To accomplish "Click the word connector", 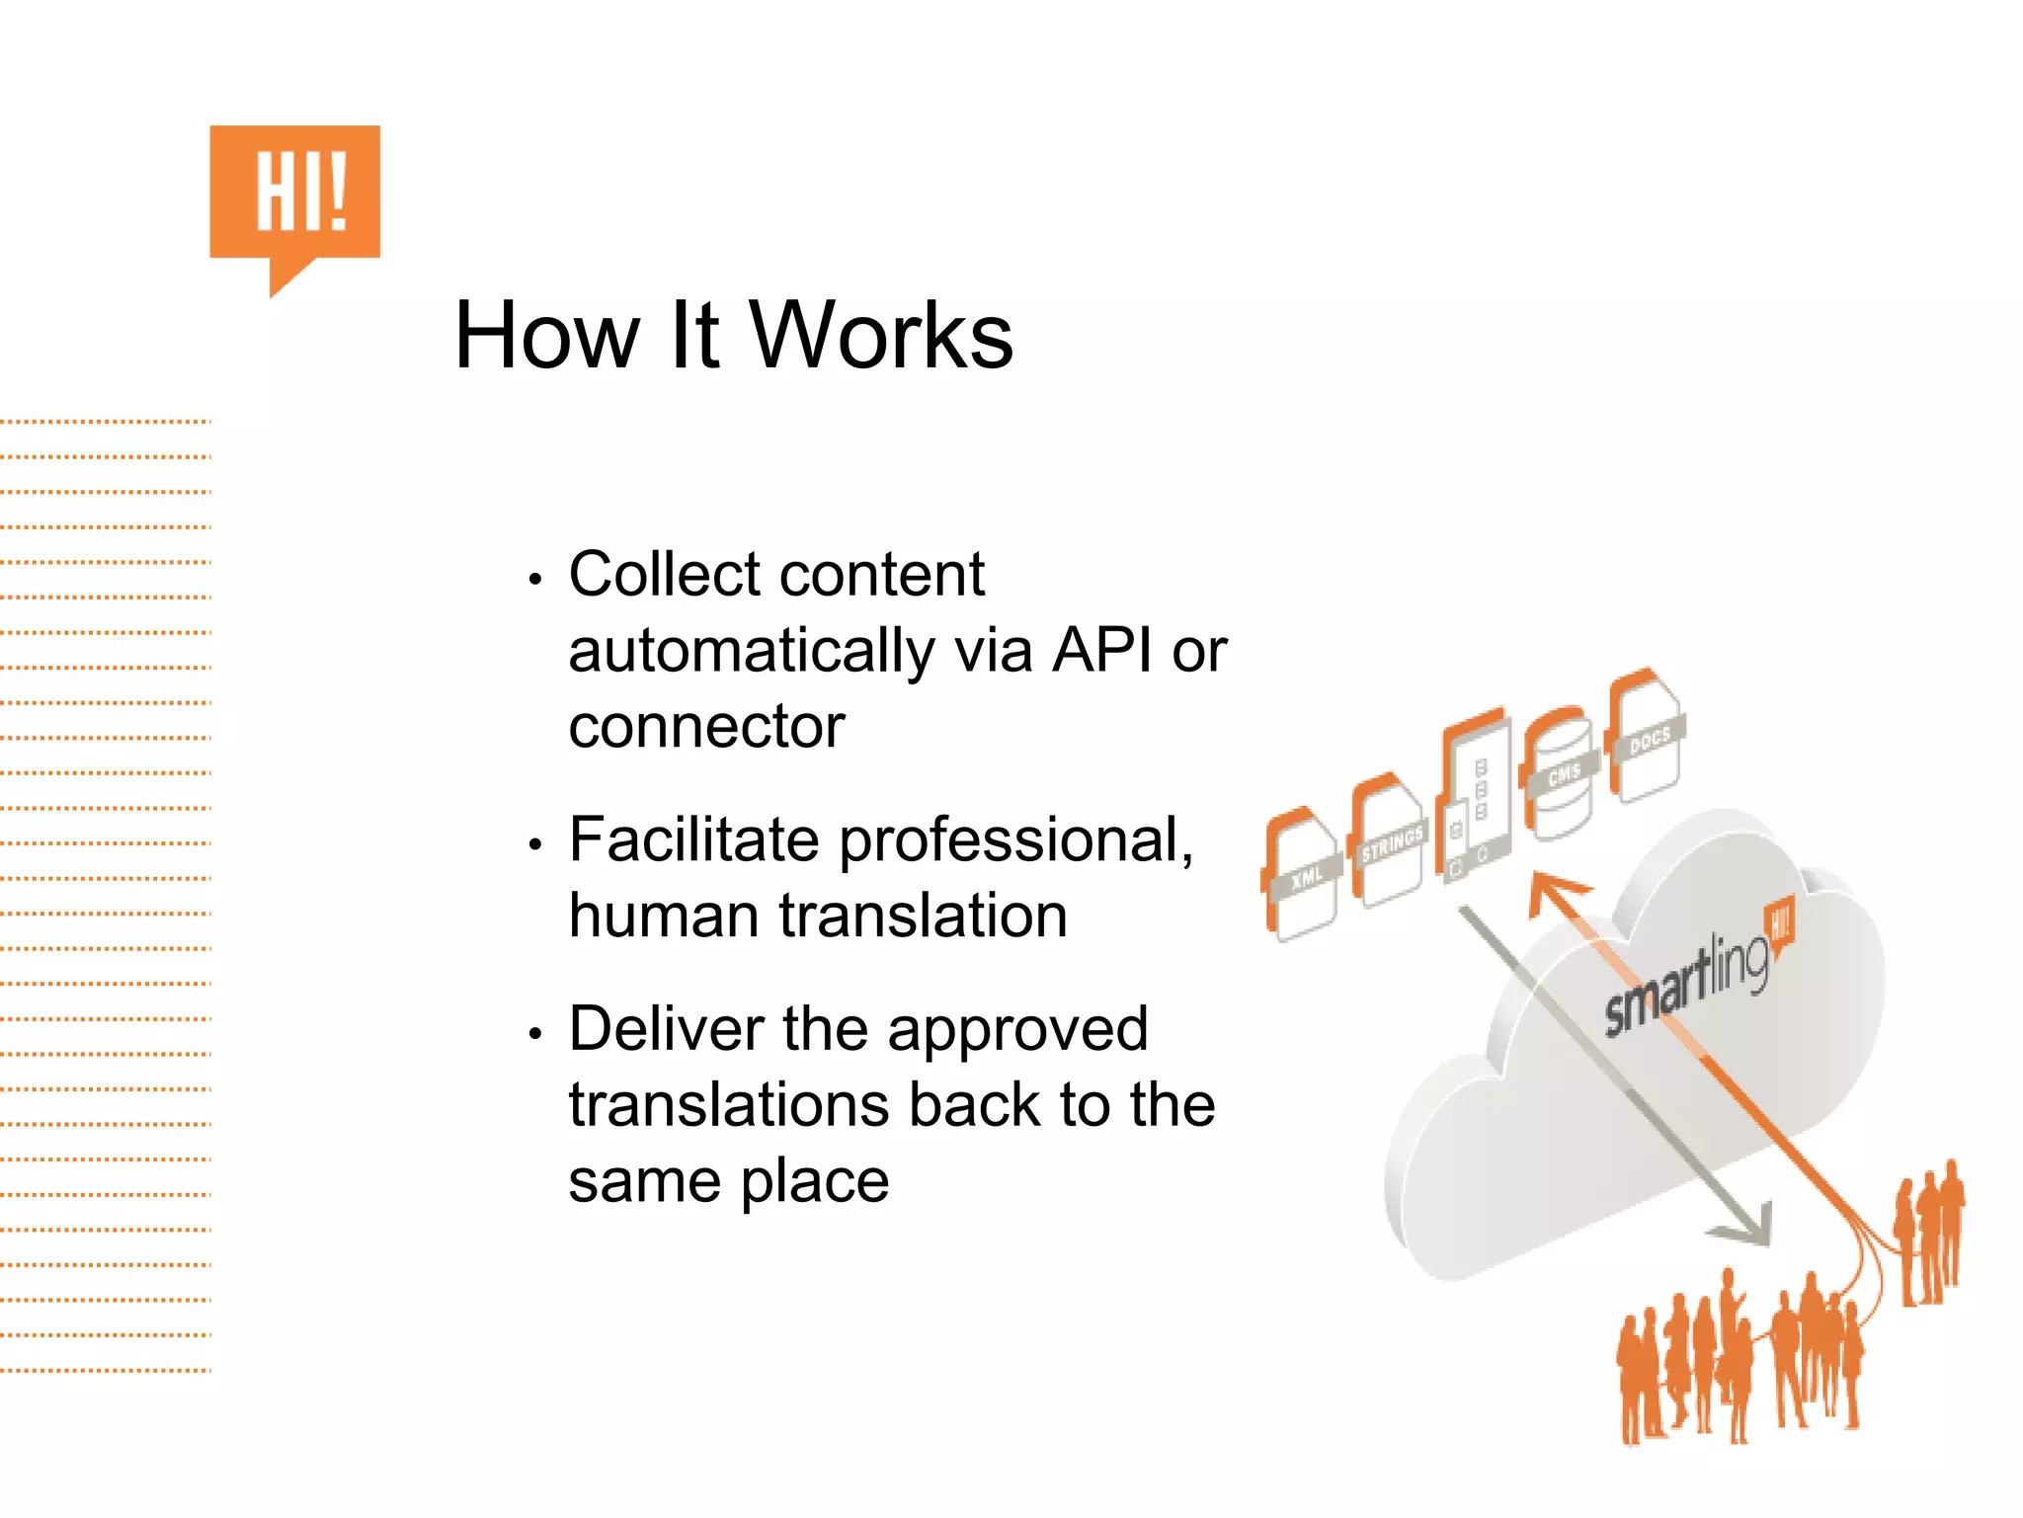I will click(706, 727).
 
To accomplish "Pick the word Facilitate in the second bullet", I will click(693, 839).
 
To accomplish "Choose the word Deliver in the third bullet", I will click(666, 1029).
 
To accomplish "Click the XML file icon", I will click(1302, 875).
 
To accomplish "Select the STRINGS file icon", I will click(1389, 840).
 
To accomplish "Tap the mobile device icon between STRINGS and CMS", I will click(1475, 799).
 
